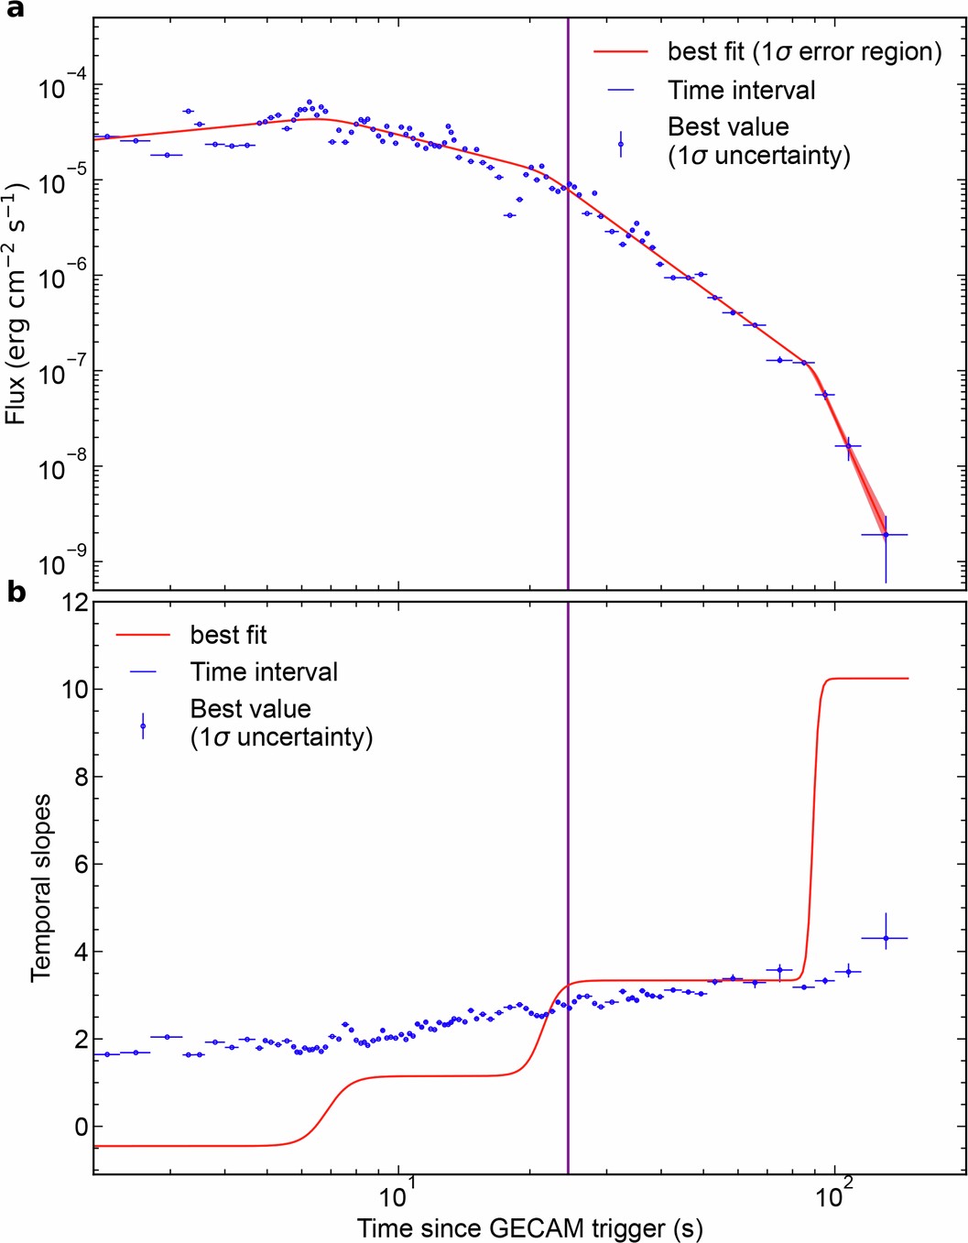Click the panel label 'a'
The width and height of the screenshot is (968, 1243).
click(14, 13)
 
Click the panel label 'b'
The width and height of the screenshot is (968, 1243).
click(16, 593)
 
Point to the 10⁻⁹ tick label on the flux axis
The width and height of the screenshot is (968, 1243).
click(57, 564)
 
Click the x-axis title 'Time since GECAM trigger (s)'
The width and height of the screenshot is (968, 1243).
click(529, 1227)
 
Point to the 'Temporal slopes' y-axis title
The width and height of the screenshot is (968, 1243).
click(41, 888)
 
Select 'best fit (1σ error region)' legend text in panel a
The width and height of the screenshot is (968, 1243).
click(804, 52)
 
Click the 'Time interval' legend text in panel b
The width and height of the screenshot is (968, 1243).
click(264, 672)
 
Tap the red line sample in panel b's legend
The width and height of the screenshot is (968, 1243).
click(143, 635)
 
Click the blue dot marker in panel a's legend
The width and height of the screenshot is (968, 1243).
click(621, 144)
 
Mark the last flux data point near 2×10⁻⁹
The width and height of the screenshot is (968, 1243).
click(885, 535)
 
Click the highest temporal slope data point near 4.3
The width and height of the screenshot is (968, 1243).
click(885, 938)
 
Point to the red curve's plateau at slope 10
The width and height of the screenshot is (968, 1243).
click(870, 679)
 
